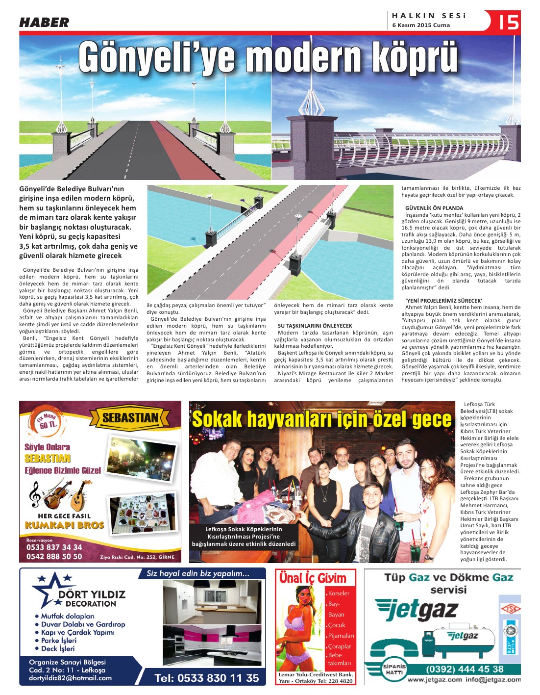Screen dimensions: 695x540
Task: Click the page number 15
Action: (508, 22)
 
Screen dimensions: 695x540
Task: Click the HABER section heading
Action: (44, 23)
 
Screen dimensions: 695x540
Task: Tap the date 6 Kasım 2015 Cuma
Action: (421, 25)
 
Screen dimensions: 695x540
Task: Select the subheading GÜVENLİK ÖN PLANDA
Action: (434, 208)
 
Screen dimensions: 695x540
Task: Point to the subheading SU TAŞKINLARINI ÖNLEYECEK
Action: (315, 326)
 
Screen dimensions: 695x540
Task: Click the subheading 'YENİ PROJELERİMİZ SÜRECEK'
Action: (443, 301)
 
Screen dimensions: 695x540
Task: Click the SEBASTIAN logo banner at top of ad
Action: (130, 418)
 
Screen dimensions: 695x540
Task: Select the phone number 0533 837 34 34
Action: (54, 547)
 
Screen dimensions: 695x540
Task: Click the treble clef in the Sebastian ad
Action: (35, 494)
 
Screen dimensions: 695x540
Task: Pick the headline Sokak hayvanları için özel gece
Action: (321, 420)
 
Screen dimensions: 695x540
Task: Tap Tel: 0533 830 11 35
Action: (207, 678)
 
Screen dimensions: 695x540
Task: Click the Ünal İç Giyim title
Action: (313, 578)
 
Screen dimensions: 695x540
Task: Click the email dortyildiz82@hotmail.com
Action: (70, 678)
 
